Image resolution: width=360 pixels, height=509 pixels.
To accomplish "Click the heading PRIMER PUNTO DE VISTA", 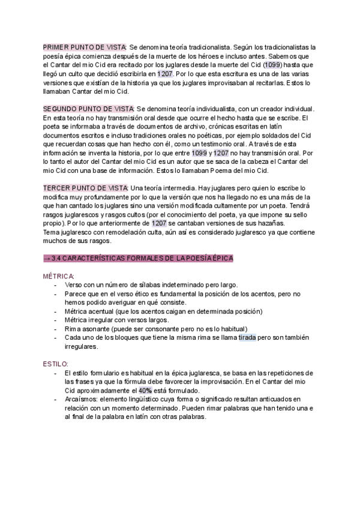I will click(x=84, y=47).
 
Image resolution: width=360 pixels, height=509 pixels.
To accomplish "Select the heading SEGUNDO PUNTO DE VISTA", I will click(x=89, y=109).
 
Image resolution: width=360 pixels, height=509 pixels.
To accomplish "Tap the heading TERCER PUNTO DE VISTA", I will click(x=85, y=188).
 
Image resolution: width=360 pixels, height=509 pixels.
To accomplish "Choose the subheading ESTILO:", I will click(x=56, y=364).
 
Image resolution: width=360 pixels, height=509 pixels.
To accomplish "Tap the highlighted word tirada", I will click(x=247, y=337).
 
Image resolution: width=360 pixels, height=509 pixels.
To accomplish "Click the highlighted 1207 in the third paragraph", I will click(x=159, y=223).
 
